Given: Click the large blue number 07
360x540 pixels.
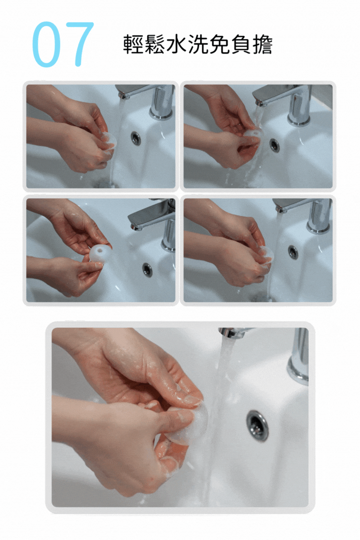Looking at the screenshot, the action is tap(62, 44).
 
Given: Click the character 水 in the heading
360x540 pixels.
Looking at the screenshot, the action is tap(177, 45).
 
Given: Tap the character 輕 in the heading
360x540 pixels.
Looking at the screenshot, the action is tap(134, 45).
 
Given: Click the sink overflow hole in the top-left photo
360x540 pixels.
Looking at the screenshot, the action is tap(136, 138).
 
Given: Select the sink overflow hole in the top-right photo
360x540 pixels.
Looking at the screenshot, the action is tap(274, 145).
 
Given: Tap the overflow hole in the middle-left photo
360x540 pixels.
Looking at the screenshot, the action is tap(147, 270).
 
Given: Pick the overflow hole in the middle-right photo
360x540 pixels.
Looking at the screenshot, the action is tap(293, 252).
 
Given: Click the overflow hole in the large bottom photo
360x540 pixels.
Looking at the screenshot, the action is tap(257, 425).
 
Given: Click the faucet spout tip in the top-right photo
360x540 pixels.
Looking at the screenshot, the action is tap(259, 102).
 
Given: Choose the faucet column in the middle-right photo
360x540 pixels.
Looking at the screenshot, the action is tap(319, 216).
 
